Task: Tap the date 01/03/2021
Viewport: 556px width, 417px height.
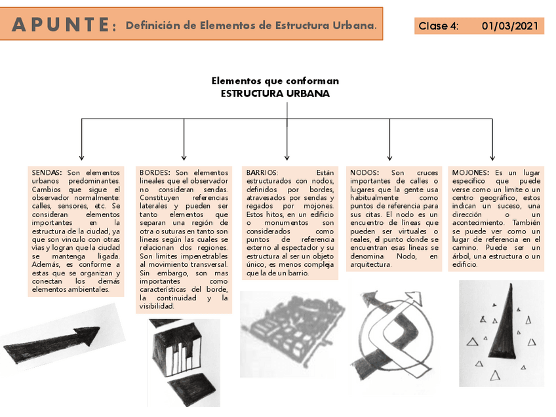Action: [509, 26]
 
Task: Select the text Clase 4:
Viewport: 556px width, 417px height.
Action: [439, 26]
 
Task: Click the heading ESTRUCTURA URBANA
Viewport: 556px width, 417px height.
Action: [275, 94]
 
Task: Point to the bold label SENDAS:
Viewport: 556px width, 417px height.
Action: [47, 172]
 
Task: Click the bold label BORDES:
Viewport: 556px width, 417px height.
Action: [155, 172]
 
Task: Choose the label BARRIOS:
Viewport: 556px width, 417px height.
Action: [262, 172]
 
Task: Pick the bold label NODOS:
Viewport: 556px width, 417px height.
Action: [365, 172]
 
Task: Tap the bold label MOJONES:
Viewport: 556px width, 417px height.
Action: [470, 172]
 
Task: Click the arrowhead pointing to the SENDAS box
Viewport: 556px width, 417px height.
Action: [81, 157]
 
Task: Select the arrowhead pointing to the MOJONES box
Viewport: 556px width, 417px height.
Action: [492, 157]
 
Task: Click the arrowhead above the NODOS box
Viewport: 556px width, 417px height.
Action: [389, 157]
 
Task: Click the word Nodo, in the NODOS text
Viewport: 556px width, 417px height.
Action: [407, 256]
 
